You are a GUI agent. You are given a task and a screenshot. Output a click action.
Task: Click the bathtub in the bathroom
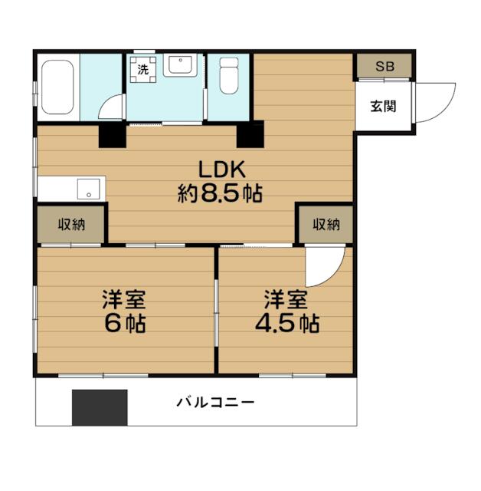point(57,87)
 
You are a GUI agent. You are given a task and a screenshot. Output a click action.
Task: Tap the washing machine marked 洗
point(143,70)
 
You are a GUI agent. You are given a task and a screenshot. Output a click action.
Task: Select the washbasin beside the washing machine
point(180,65)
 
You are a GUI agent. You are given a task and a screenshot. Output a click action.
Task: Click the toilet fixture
point(229,75)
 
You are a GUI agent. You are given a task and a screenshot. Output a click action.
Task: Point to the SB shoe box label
point(384,67)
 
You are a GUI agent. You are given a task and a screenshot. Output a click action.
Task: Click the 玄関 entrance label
point(384,107)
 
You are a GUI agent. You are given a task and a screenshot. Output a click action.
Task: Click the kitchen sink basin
point(89,189)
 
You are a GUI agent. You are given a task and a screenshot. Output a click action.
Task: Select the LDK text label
point(222,170)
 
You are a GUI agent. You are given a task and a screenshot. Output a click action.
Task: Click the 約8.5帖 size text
point(221,193)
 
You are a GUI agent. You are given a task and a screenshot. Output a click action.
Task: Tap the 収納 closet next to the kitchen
point(71,225)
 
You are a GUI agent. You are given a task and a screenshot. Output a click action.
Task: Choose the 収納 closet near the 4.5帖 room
point(326,225)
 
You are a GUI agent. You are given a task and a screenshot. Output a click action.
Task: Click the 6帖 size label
point(125,323)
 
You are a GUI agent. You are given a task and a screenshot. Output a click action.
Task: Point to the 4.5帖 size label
point(287,323)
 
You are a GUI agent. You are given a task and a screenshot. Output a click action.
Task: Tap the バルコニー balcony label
point(216,402)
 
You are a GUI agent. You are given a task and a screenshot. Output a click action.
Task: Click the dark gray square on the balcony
point(100,407)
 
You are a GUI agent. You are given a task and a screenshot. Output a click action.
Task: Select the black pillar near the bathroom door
point(113,134)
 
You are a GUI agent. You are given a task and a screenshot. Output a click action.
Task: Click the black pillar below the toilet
point(250,134)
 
